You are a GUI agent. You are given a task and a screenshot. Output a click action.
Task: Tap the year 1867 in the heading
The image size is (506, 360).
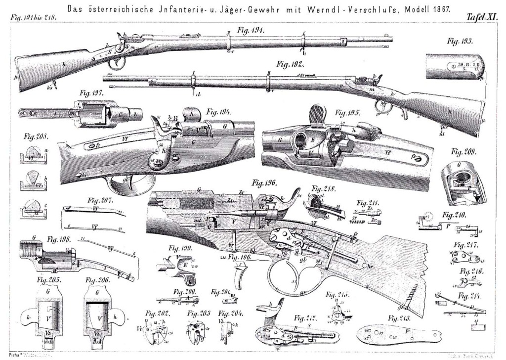(x=439, y=9)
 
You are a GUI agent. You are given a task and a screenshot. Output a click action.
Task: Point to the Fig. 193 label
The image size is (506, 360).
(x=459, y=41)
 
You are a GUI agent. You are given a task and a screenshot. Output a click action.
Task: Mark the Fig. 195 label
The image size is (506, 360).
(x=348, y=112)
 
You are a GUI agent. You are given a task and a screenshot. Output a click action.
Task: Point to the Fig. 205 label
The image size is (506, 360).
(x=48, y=280)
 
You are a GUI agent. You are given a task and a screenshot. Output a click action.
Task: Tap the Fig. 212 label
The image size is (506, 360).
(x=306, y=317)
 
